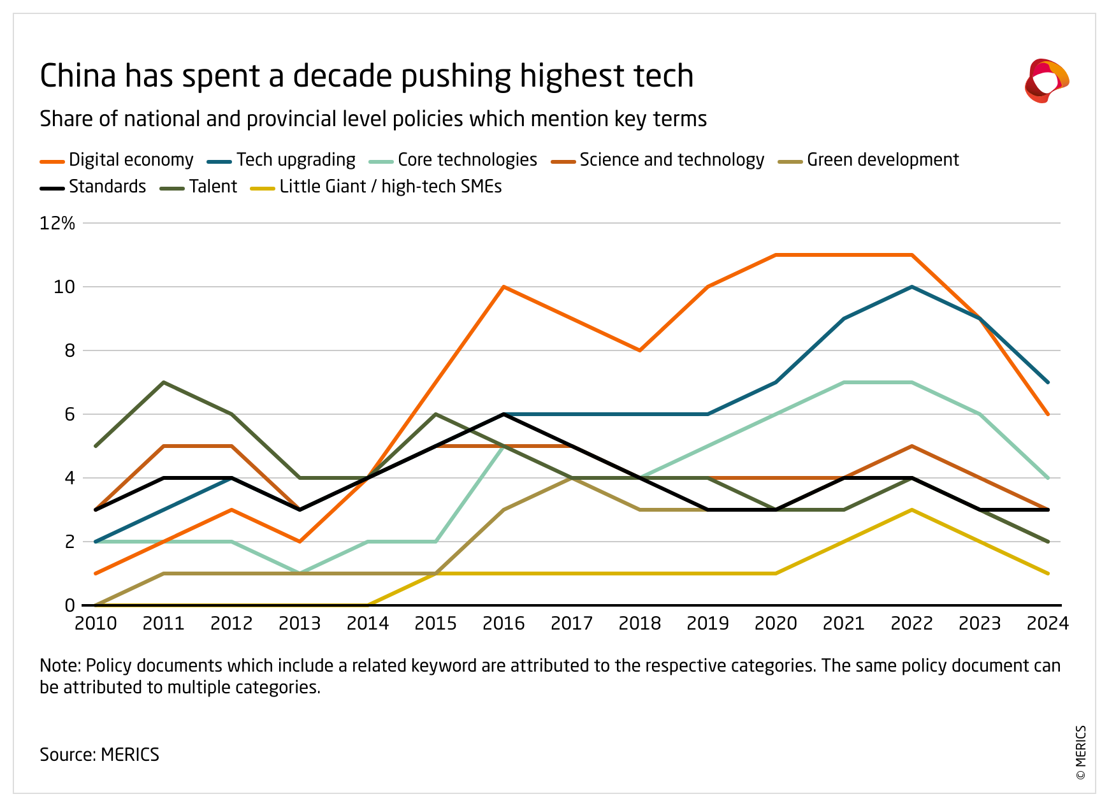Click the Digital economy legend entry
tap(117, 160)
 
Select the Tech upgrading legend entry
tap(284, 160)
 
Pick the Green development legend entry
tap(869, 160)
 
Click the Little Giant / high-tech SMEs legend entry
tap(377, 187)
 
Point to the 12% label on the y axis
tap(57, 223)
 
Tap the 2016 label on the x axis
tap(504, 623)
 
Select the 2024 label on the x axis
tap(1047, 623)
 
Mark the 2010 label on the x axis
tap(96, 623)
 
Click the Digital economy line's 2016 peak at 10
tap(504, 287)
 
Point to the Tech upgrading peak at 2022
tap(912, 287)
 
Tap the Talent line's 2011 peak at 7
tap(164, 382)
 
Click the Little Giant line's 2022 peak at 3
tap(912, 510)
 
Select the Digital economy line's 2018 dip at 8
tap(640, 350)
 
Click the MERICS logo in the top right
tap(1046, 81)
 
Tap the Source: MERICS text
tap(99, 754)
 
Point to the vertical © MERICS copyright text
tap(1081, 752)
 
